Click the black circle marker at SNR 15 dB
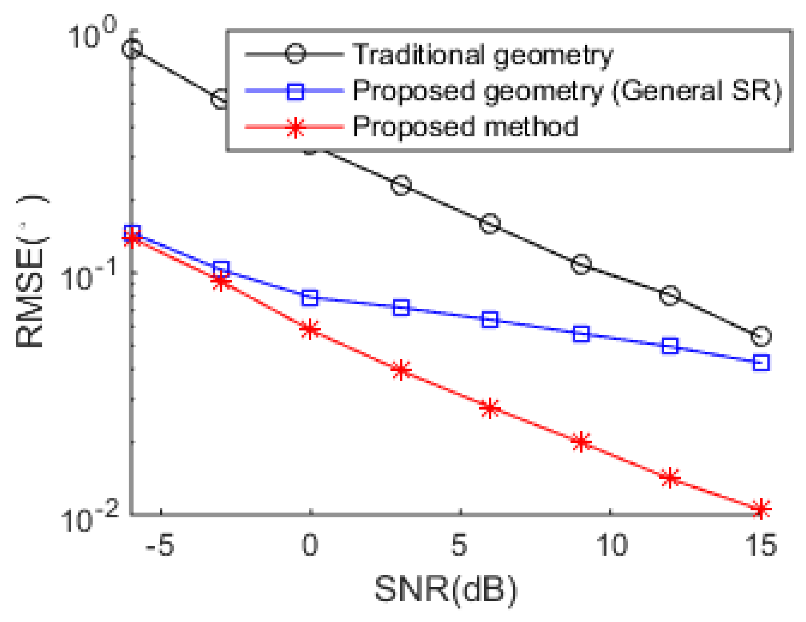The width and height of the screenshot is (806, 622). (x=761, y=336)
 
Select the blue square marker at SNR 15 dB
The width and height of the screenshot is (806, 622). (x=761, y=362)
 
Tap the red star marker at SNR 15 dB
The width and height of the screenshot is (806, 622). (x=761, y=509)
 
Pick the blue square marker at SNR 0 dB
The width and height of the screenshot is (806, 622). (x=309, y=298)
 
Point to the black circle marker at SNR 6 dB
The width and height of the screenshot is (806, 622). (x=490, y=223)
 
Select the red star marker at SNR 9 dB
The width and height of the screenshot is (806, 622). (x=581, y=442)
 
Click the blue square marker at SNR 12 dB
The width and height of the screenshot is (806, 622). (x=670, y=346)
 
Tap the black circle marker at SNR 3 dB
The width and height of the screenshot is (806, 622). (x=401, y=186)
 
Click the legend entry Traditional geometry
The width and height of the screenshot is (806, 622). (x=482, y=55)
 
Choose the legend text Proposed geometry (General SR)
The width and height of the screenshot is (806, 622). (x=567, y=91)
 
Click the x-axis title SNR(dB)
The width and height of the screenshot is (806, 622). (x=446, y=589)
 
